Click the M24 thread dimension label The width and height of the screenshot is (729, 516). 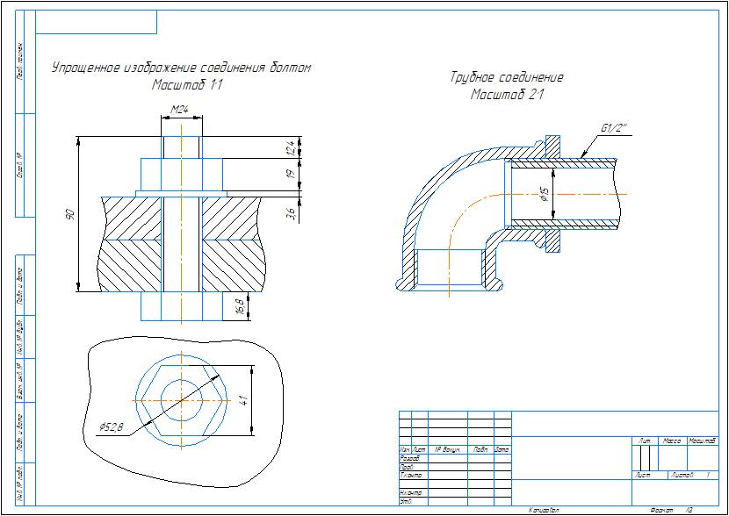tap(180, 110)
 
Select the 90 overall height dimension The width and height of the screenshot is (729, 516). tap(70, 214)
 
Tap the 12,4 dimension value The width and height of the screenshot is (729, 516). tap(289, 147)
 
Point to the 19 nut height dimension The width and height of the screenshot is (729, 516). tap(289, 175)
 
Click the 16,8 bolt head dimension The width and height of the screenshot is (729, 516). tap(240, 306)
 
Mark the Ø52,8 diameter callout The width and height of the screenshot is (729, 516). tap(113, 426)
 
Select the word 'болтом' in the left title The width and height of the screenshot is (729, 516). tap(289, 68)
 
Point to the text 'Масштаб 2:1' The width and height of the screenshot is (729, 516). tap(507, 94)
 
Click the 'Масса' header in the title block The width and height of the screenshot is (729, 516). tap(673, 440)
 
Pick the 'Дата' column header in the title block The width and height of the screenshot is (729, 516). tap(502, 449)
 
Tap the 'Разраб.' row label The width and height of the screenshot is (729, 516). tap(409, 458)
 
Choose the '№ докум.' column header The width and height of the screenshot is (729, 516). tap(448, 449)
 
